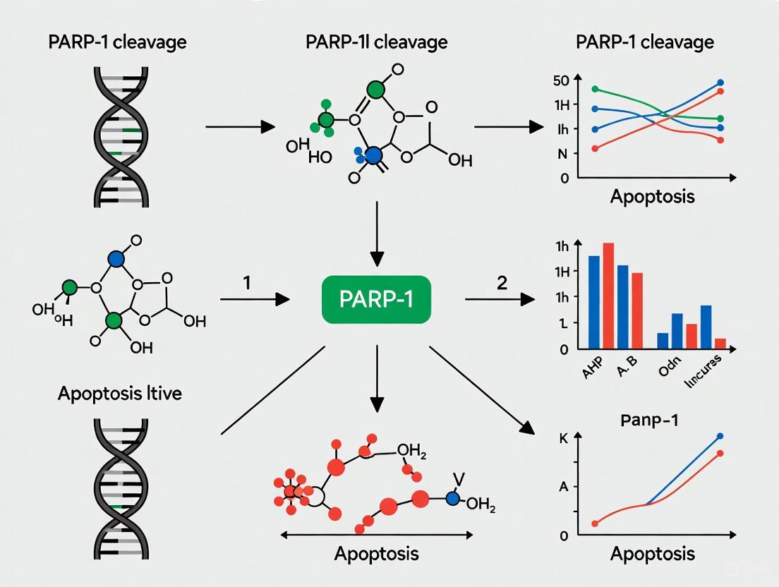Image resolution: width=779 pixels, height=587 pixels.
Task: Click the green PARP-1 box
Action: (375, 299)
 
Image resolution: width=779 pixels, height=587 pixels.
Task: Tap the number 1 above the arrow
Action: (246, 282)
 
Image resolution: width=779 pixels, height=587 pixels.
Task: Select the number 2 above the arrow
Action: (502, 283)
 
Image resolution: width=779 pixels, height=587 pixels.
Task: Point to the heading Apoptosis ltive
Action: (119, 392)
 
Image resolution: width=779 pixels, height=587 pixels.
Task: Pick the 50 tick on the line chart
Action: (561, 80)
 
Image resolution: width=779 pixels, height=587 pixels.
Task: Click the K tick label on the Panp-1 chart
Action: (562, 438)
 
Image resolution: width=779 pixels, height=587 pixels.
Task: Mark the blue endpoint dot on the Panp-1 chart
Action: (720, 436)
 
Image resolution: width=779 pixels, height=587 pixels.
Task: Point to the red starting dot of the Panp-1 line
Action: (595, 524)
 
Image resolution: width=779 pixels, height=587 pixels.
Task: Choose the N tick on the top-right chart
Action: (564, 154)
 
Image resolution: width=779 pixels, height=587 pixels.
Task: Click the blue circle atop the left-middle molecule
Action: (116, 259)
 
